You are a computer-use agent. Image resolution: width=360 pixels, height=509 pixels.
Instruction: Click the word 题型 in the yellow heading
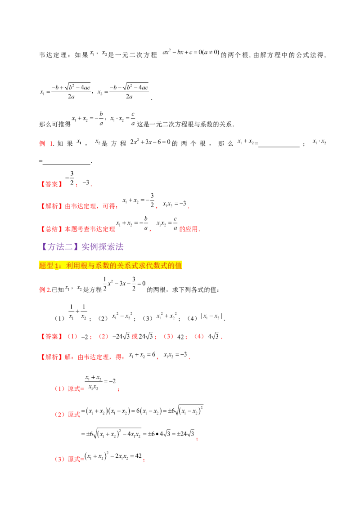[x=46, y=266]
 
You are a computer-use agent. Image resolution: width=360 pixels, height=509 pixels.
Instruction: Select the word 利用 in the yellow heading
[x=72, y=266]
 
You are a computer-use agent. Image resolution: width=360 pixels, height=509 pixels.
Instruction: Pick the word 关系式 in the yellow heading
[x=129, y=266]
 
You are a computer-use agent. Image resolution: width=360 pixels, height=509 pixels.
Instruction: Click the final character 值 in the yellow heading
[x=179, y=266]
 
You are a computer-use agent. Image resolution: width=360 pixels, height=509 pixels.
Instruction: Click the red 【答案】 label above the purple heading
[x=50, y=184]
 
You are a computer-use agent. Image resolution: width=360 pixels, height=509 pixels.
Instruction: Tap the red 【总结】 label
[x=50, y=229]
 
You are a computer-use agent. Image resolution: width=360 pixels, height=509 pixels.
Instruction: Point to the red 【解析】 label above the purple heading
[x=50, y=207]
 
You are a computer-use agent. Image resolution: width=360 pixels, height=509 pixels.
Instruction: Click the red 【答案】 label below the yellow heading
[x=50, y=336]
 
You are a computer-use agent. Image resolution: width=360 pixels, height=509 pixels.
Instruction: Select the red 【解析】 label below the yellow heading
[x=50, y=358]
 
